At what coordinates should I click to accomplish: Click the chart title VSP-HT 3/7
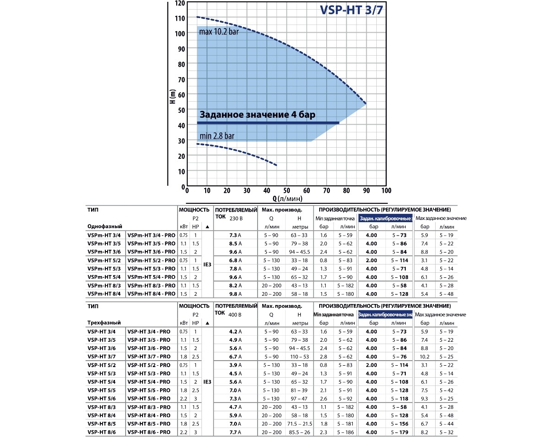click(351, 11)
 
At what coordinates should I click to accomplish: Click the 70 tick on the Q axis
click(326, 190)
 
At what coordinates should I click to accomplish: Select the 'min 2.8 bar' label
click(217, 136)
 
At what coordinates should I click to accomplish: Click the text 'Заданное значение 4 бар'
click(257, 115)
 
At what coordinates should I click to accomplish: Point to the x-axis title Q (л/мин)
click(287, 199)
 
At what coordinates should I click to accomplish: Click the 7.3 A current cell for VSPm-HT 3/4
click(236, 235)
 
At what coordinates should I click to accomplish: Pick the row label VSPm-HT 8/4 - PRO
click(151, 294)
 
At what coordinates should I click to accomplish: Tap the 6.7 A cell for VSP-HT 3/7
click(236, 356)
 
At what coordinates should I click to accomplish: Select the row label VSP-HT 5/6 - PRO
click(149, 398)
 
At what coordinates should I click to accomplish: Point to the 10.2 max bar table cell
click(425, 356)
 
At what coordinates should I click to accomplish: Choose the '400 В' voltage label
click(234, 315)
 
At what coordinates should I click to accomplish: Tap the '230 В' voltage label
click(234, 218)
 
